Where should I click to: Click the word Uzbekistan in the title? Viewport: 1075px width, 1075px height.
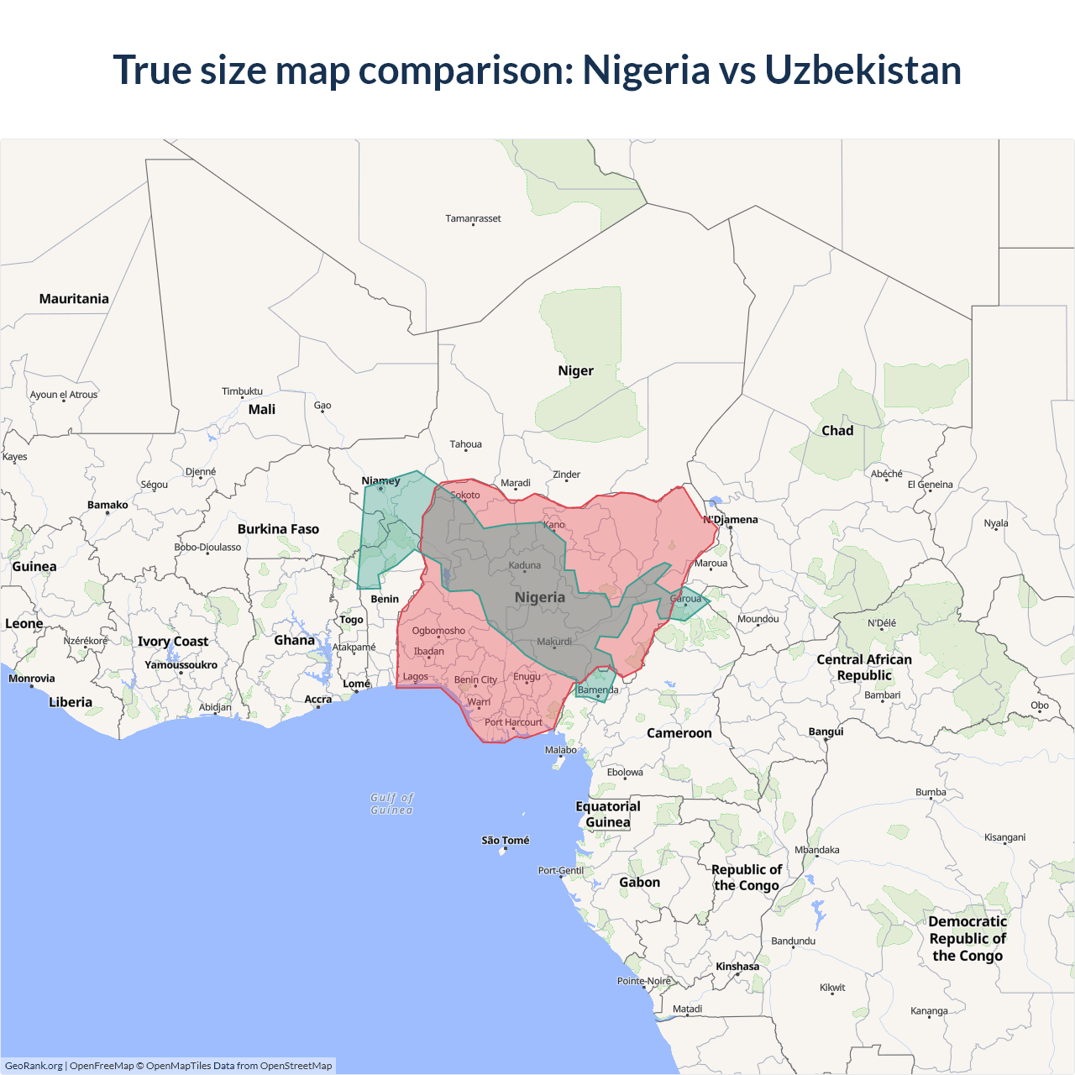863,70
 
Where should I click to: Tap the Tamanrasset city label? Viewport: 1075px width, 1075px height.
473,218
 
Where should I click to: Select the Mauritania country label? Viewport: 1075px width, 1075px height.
74,299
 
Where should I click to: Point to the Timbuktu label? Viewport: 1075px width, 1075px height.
242,391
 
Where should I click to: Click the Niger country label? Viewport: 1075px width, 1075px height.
575,370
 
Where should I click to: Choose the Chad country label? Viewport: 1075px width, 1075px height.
837,431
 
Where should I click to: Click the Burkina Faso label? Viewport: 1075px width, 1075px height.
278,529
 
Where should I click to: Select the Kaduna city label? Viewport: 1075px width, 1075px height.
525,565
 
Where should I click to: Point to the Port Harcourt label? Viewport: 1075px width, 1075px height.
513,722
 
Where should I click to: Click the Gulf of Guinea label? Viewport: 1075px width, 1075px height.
392,804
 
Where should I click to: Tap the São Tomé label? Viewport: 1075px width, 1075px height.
506,840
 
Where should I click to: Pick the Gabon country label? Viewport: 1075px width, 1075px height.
640,883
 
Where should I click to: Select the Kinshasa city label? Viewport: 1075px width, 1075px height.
737,967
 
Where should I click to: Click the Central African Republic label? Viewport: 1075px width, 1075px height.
864,667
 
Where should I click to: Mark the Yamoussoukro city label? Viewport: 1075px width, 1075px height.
181,665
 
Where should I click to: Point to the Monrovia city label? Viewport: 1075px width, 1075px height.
32,679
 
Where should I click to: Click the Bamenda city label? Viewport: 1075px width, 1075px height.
598,690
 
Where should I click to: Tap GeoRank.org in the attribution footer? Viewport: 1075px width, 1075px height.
34,1066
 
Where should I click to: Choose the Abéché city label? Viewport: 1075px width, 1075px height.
887,474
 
